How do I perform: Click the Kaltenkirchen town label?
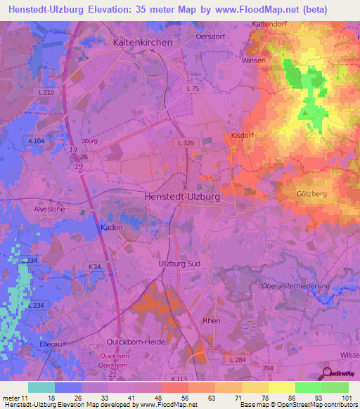[142, 42]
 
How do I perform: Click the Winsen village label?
[254, 60]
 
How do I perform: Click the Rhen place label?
[211, 320]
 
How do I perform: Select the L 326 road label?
[185, 143]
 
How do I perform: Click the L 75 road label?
[194, 89]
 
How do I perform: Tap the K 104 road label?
[37, 141]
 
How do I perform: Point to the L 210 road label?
[45, 93]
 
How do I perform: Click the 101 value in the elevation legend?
[345, 398]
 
